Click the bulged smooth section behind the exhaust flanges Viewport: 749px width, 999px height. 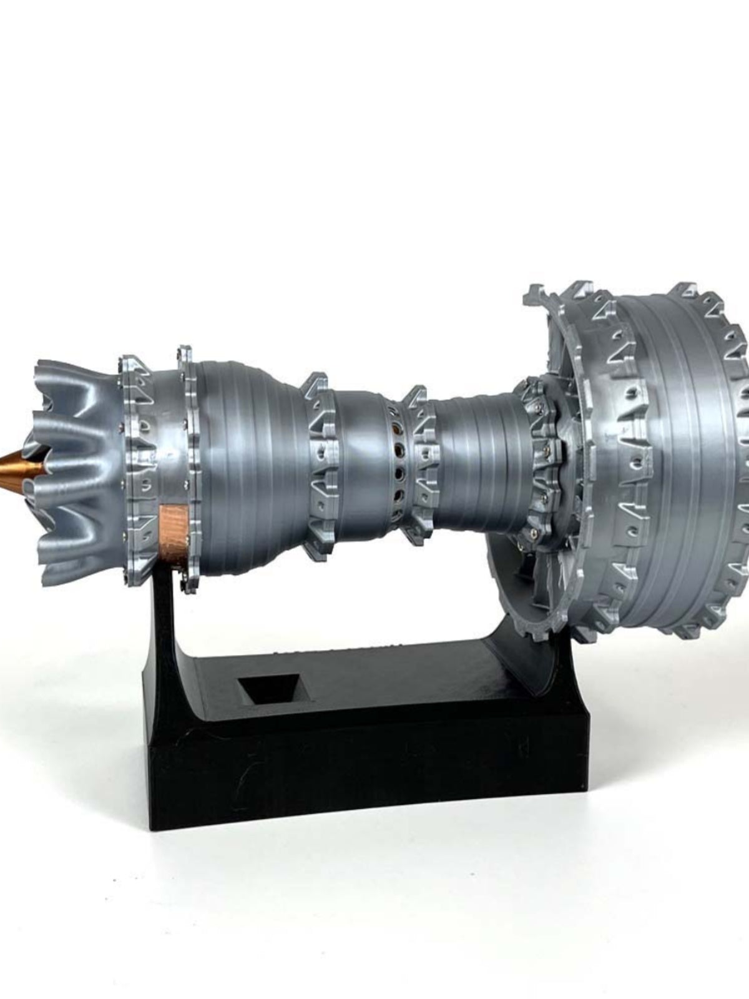tap(250, 462)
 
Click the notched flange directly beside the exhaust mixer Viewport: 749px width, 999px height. tap(134, 468)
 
